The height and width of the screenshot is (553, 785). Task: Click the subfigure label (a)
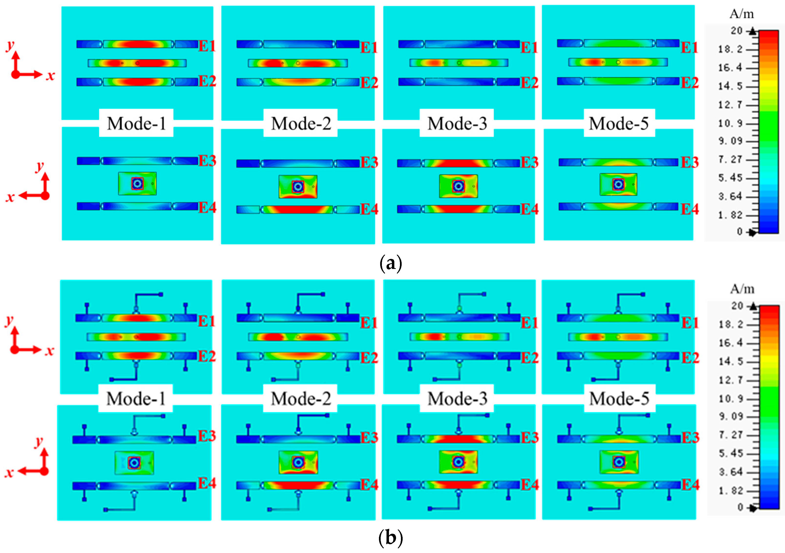(391, 264)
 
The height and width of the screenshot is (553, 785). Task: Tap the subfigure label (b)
(391, 538)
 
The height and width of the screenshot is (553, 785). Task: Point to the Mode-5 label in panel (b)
(619, 399)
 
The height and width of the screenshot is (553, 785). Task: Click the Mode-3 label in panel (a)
(457, 123)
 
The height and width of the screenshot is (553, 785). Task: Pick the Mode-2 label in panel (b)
(301, 399)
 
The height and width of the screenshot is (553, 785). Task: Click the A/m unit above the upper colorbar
(741, 14)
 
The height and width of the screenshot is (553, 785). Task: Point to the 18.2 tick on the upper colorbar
(730, 49)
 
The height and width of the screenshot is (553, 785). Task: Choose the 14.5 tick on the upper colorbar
(730, 86)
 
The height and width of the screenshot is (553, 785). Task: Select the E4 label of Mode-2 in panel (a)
(369, 209)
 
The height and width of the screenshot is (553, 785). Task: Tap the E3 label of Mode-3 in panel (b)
(529, 438)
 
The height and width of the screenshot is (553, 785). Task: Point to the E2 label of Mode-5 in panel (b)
(690, 358)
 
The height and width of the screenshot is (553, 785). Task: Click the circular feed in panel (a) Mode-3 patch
(458, 186)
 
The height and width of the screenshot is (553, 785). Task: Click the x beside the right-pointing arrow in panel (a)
(51, 76)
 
